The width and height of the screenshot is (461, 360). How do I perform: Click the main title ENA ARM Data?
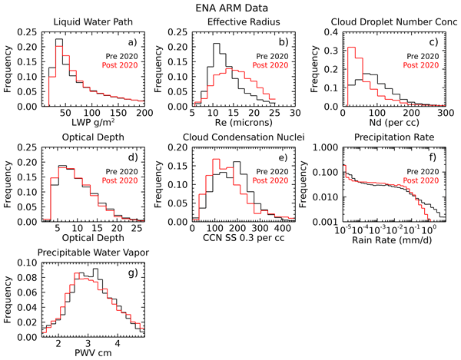(230, 7)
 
